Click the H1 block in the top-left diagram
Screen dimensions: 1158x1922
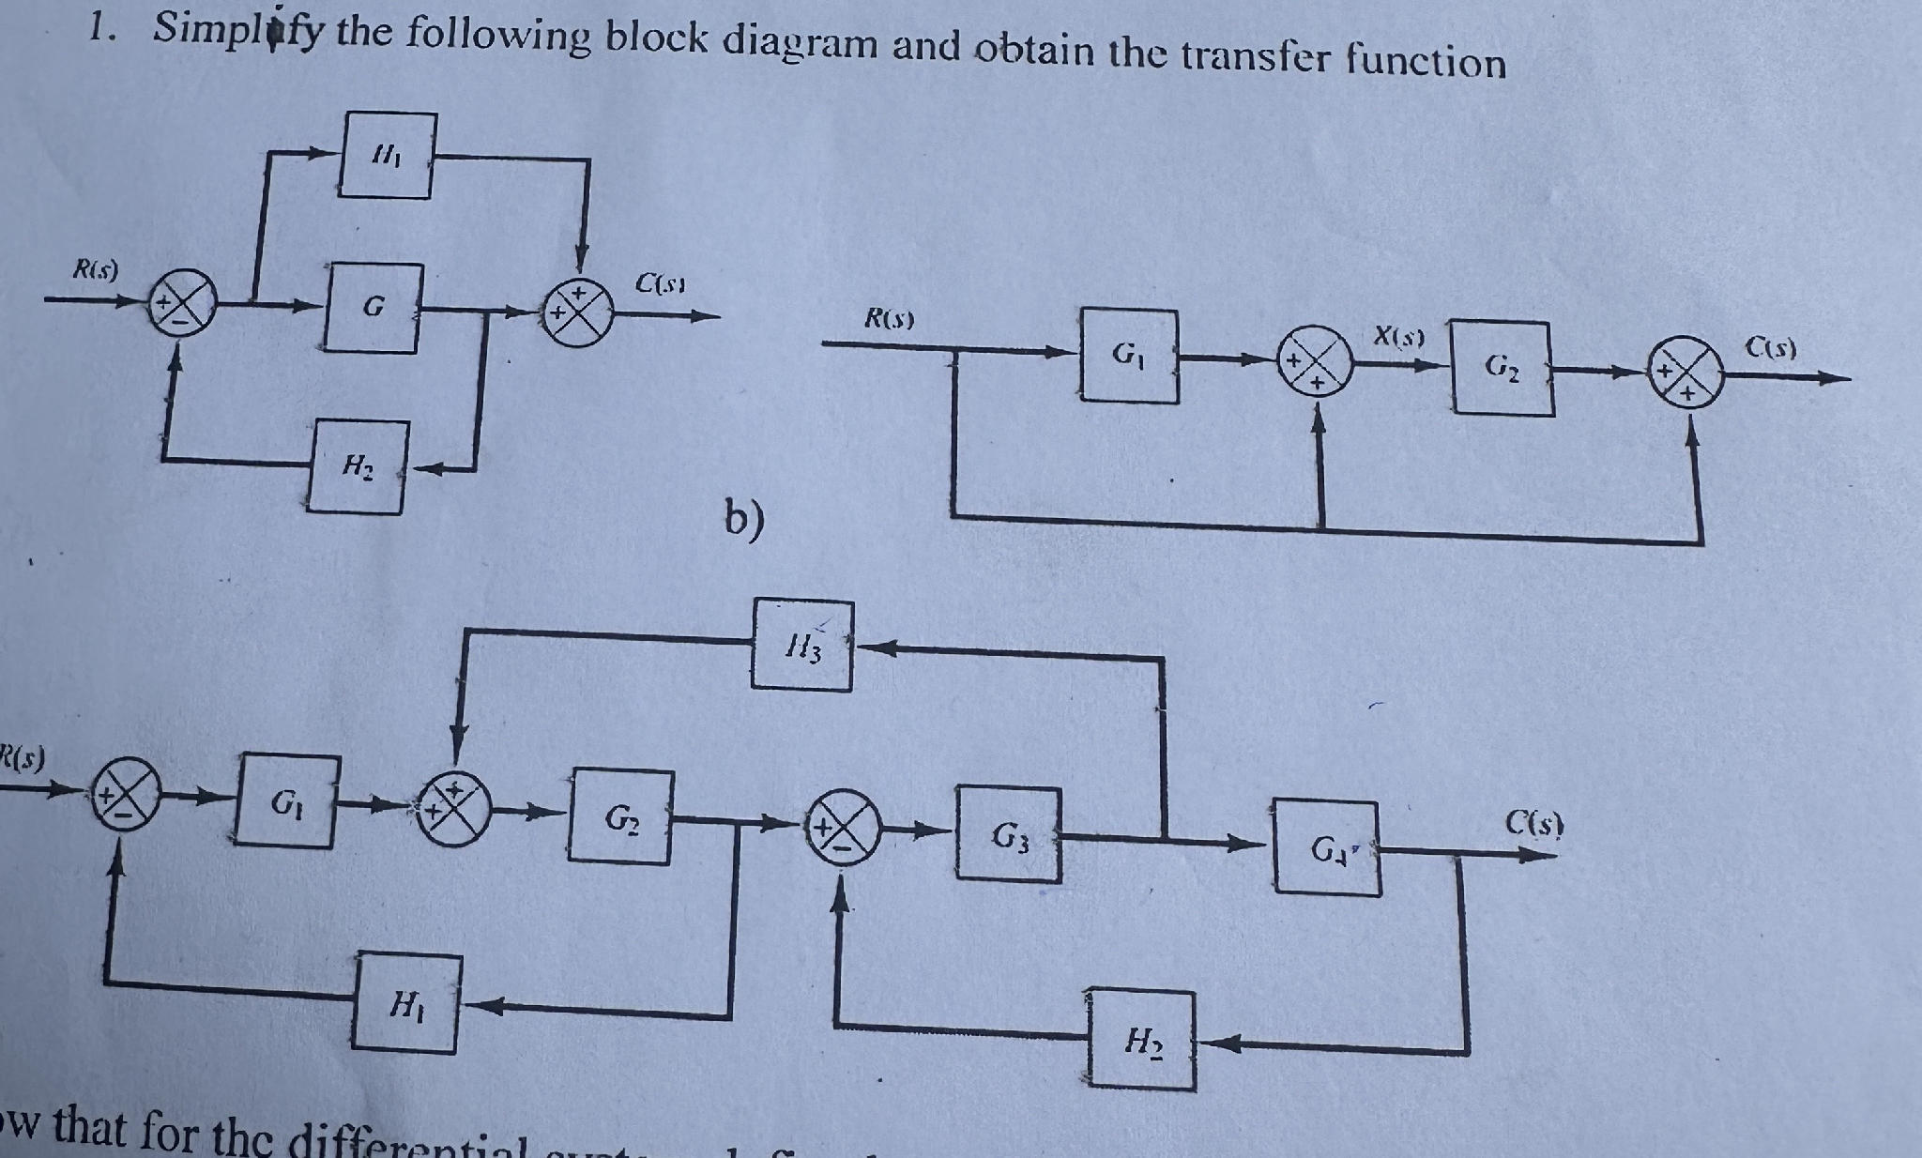pyautogui.click(x=387, y=156)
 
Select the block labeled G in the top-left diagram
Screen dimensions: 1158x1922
pyautogui.click(x=374, y=308)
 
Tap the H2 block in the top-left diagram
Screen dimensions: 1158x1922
pyautogui.click(x=358, y=466)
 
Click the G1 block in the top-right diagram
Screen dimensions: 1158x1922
pyautogui.click(x=1129, y=356)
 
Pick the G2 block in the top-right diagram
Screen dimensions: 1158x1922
pyautogui.click(x=1501, y=367)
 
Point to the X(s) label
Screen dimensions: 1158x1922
pyautogui.click(x=1398, y=335)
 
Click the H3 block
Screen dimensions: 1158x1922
pyautogui.click(x=802, y=646)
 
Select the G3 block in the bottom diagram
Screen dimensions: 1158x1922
pyautogui.click(x=1009, y=834)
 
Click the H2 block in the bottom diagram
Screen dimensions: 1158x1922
pyautogui.click(x=1142, y=1040)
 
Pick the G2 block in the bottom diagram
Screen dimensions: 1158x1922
pyautogui.click(x=619, y=816)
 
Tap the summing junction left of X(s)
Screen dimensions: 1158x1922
pyautogui.click(x=1319, y=361)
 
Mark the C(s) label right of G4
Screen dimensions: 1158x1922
pyautogui.click(x=1533, y=825)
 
